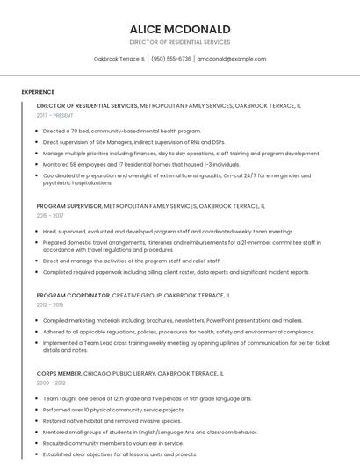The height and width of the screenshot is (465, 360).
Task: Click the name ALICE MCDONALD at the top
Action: [x=179, y=29]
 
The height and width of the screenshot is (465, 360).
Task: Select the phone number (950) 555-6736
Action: [x=171, y=59]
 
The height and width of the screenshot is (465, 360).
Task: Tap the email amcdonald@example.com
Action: [x=231, y=59]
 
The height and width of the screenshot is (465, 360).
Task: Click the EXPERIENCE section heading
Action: [x=38, y=91]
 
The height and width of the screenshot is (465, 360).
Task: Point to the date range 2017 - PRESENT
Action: [x=55, y=115]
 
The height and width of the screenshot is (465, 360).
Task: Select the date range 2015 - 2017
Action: [x=50, y=215]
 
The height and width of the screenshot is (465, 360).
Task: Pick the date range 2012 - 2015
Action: [x=50, y=305]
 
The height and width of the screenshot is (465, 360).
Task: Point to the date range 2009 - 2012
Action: [x=51, y=383]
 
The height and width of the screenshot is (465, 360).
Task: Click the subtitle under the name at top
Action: [x=179, y=41]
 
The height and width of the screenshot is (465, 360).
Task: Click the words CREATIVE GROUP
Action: [x=136, y=296]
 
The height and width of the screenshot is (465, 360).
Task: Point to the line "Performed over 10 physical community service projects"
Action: [x=113, y=409]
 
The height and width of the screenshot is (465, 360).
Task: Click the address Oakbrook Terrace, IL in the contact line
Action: [x=119, y=59]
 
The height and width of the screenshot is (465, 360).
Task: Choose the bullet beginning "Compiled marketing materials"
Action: [x=171, y=321]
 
